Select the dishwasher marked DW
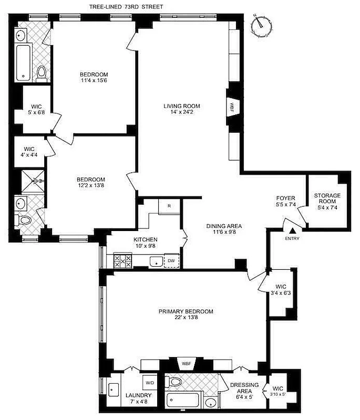171,260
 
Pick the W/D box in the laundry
149,383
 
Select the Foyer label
286,201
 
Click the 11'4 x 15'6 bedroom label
94,77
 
